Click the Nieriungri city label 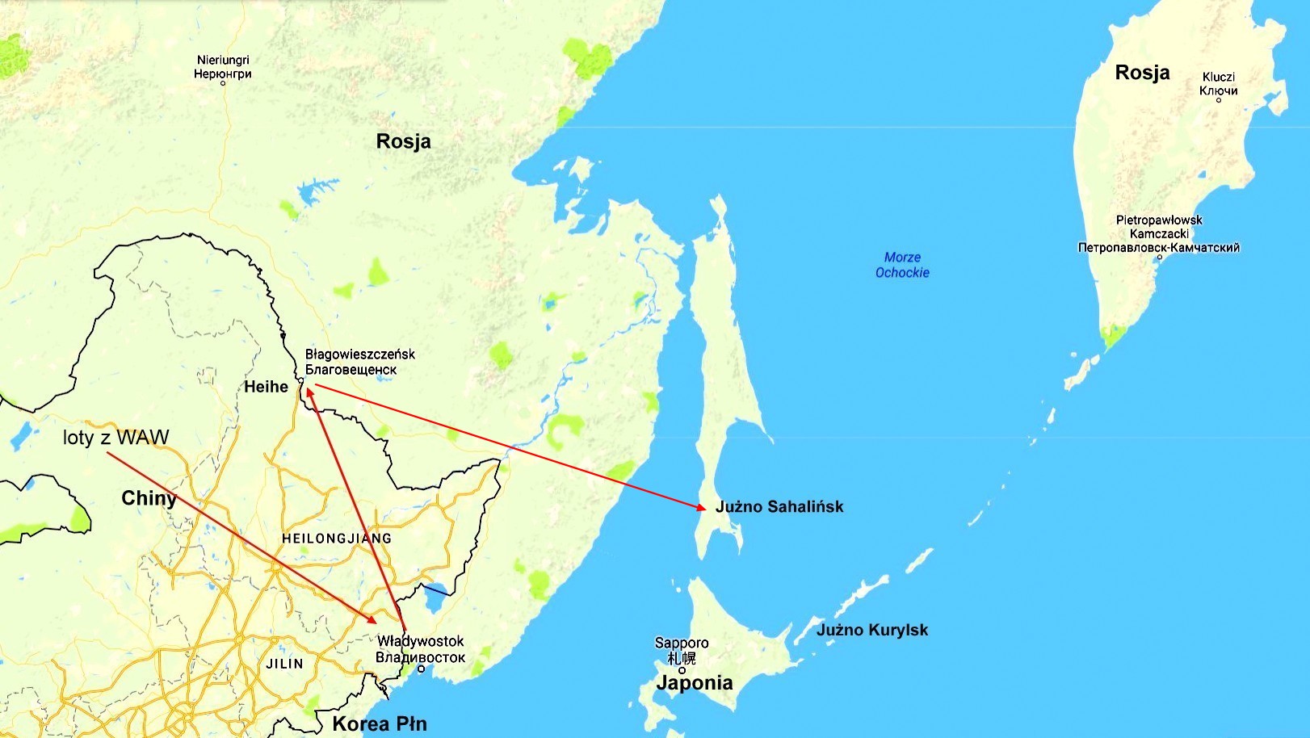223,66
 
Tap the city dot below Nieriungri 223,83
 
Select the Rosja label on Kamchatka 1142,73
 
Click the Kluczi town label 1218,83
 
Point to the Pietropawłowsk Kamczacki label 1159,233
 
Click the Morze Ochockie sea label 902,265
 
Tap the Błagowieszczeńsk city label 359,362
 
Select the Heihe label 266,387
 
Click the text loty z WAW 116,438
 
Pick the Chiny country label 149,498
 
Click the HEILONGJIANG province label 337,539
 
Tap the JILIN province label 285,664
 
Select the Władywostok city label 420,649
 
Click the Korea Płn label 380,723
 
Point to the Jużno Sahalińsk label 779,507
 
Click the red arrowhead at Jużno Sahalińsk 701,507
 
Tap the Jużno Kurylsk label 872,630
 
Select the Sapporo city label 682,649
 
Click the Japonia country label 695,683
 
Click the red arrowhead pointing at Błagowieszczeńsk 309,391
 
